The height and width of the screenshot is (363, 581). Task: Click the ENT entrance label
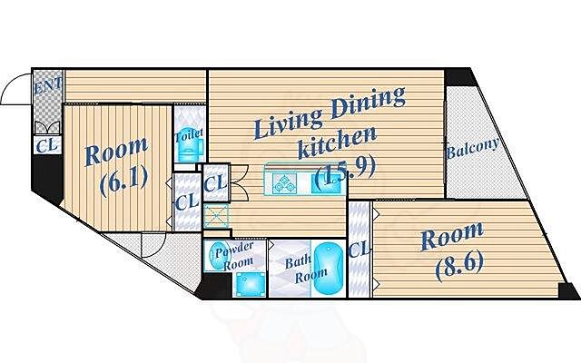click(x=48, y=86)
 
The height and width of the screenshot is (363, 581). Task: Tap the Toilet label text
click(x=189, y=135)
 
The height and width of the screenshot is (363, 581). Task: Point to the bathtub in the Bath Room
click(x=329, y=269)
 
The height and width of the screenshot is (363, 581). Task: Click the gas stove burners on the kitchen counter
click(x=284, y=183)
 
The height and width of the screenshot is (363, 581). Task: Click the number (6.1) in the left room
click(x=123, y=181)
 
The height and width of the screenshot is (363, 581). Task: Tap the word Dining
click(x=367, y=103)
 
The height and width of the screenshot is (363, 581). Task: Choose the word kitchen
click(x=337, y=142)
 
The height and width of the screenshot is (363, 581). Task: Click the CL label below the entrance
click(x=46, y=145)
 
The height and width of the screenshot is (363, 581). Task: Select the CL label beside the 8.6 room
click(x=359, y=250)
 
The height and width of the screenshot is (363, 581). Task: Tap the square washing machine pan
click(x=251, y=284)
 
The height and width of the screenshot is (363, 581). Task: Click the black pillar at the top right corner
click(x=459, y=77)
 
